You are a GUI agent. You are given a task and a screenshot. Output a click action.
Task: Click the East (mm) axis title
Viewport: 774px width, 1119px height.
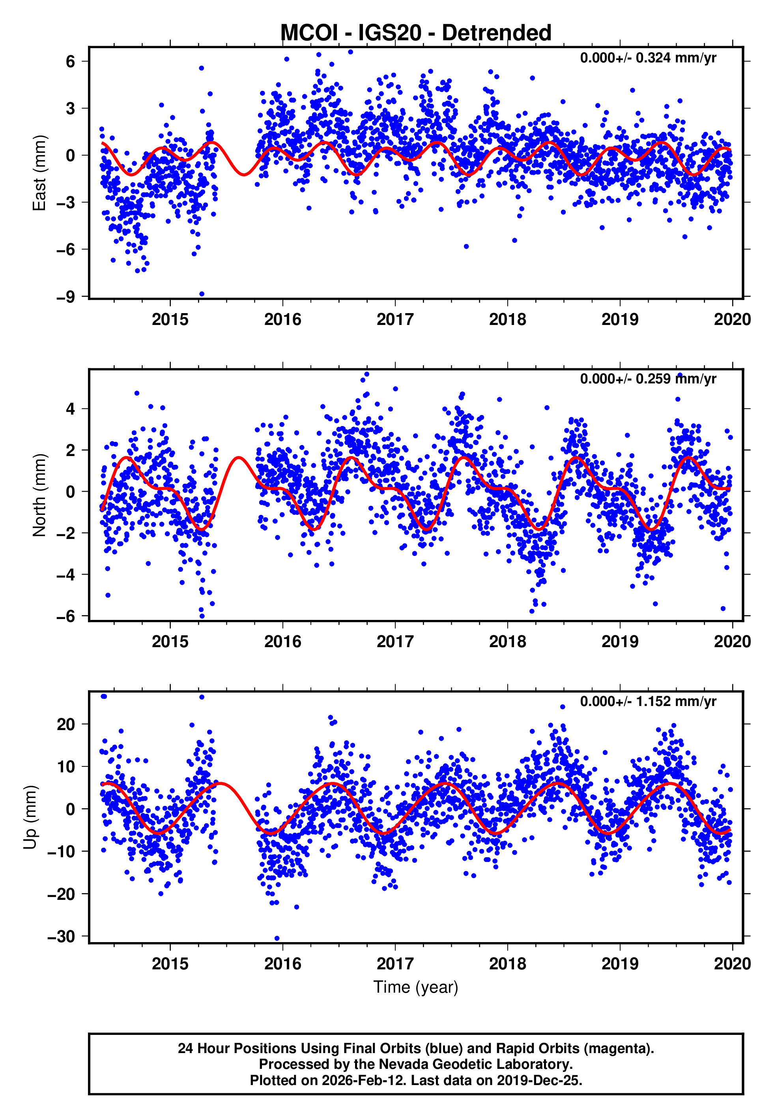39,173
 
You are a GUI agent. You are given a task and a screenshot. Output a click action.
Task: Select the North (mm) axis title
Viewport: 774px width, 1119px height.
39,495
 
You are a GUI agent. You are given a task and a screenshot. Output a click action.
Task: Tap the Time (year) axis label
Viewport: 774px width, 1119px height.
416,988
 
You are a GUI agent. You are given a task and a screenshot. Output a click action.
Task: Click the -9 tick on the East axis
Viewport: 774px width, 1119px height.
66,297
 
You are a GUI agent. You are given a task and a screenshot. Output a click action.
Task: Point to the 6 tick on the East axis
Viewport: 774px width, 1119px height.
71,62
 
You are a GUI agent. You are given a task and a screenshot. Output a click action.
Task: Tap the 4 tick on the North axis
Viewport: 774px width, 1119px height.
71,409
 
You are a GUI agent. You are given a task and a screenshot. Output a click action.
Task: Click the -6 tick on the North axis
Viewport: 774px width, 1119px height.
66,616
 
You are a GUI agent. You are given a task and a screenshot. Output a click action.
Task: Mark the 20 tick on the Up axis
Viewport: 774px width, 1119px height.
66,725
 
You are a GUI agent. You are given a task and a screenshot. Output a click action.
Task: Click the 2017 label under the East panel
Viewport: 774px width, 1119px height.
395,320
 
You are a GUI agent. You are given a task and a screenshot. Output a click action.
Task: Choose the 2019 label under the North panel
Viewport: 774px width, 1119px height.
620,642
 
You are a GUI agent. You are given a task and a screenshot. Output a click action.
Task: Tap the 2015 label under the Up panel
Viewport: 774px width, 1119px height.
170,964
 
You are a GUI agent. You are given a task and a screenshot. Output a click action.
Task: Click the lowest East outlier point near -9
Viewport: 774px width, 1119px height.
202,294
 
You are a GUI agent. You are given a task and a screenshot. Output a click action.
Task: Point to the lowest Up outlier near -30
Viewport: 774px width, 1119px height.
277,939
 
